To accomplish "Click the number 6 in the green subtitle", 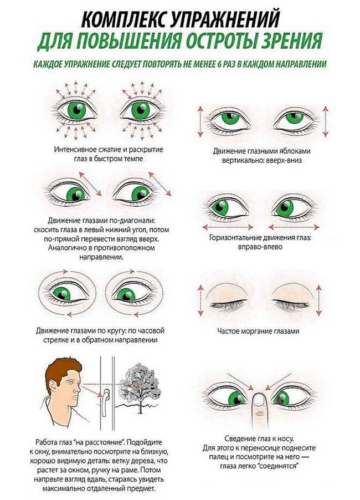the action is click(x=219, y=64).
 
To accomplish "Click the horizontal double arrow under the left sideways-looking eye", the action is click(x=228, y=227).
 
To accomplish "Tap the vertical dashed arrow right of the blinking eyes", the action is click(x=319, y=300).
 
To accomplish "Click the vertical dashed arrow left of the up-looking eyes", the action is click(x=200, y=121).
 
